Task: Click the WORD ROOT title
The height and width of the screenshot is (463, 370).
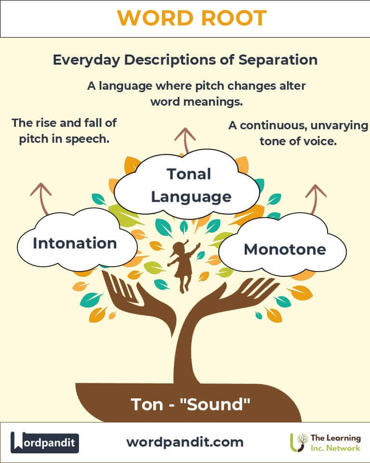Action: [x=192, y=18]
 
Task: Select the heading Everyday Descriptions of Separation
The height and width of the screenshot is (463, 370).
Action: [x=185, y=60]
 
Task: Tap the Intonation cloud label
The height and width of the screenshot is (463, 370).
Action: [x=75, y=243]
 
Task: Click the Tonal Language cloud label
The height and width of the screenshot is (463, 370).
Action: [x=191, y=185]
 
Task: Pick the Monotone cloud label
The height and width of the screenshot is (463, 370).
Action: [x=285, y=249]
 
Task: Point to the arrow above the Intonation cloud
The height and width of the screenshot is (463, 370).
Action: [x=42, y=198]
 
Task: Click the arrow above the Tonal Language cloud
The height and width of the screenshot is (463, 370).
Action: [x=185, y=140]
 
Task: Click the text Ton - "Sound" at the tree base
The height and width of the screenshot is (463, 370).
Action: [x=190, y=404]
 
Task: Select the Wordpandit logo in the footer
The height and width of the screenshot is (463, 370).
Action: [x=44, y=442]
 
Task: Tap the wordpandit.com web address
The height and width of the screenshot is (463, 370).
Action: [x=185, y=442]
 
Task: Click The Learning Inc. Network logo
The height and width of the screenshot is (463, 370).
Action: [x=325, y=443]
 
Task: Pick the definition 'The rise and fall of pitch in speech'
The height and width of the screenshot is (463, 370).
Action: [x=64, y=131]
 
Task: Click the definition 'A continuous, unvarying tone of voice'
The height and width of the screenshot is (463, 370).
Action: [x=298, y=133]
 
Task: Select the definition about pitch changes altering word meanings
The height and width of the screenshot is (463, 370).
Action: [x=197, y=94]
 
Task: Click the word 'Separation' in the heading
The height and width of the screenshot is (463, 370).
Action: [x=278, y=60]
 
